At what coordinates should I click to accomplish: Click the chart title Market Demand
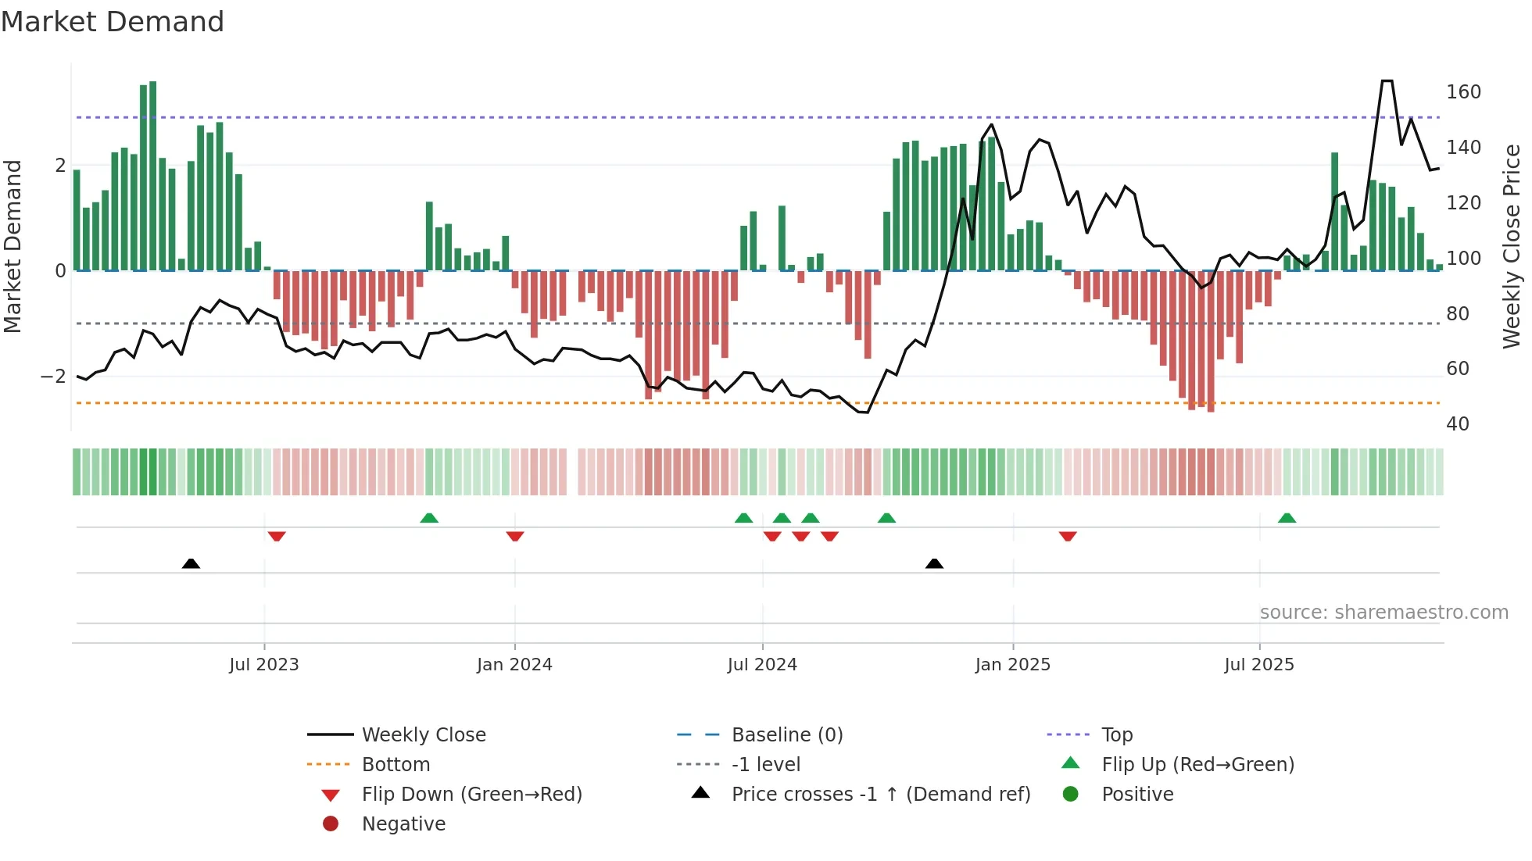pyautogui.click(x=113, y=22)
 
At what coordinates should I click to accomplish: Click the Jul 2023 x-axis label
pyautogui.click(x=264, y=665)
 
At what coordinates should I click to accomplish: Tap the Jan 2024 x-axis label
pyautogui.click(x=514, y=665)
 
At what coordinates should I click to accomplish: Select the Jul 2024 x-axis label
pyautogui.click(x=762, y=665)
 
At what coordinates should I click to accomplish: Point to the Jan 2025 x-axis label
pyautogui.click(x=1013, y=665)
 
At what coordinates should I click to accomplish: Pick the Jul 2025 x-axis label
pyautogui.click(x=1259, y=665)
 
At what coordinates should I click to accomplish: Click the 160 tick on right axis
pyautogui.click(x=1463, y=92)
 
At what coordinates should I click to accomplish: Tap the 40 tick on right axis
pyautogui.click(x=1457, y=424)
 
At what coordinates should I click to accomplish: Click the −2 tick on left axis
pyautogui.click(x=53, y=377)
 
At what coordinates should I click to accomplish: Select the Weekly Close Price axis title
pyautogui.click(x=1512, y=246)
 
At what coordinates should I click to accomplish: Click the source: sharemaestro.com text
pyautogui.click(x=1383, y=613)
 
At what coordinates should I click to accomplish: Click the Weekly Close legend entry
pyautogui.click(x=423, y=735)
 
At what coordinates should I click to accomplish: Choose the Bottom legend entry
pyautogui.click(x=396, y=765)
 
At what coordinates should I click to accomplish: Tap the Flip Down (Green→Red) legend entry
pyautogui.click(x=471, y=795)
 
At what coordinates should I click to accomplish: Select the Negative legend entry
pyautogui.click(x=403, y=824)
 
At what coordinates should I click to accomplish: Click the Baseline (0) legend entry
pyautogui.click(x=786, y=735)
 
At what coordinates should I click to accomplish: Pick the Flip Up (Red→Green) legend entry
pyautogui.click(x=1197, y=765)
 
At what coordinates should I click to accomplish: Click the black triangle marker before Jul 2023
pyautogui.click(x=191, y=563)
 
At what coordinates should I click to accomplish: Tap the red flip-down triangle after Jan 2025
pyautogui.click(x=1068, y=536)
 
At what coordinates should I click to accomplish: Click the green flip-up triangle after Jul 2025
pyautogui.click(x=1287, y=518)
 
